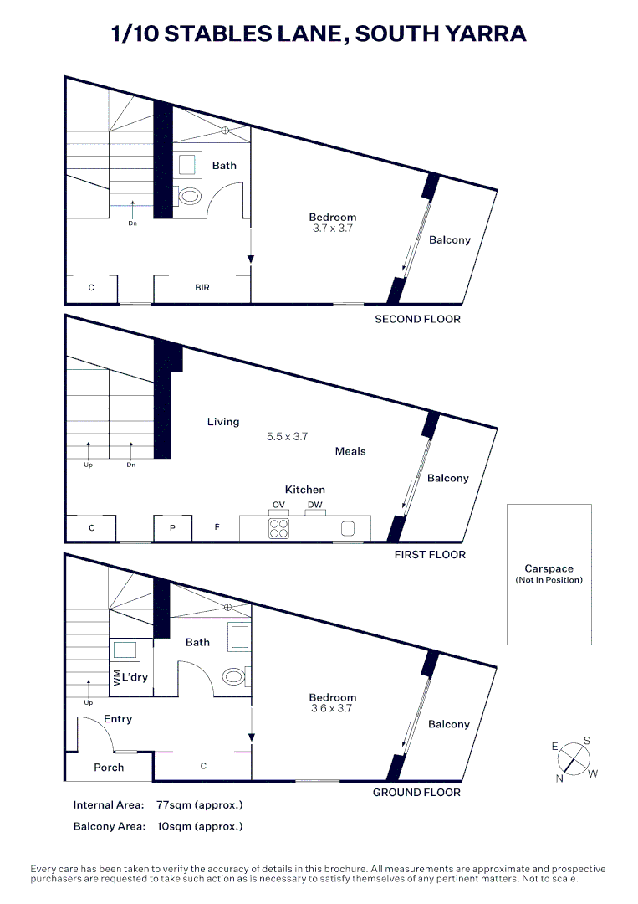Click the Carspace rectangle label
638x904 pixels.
(549, 569)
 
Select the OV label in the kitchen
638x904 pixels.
(278, 505)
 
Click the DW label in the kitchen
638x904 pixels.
(314, 505)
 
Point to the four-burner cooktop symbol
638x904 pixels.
(278, 528)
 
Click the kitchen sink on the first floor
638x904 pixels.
(348, 528)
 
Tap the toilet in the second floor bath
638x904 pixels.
(190, 197)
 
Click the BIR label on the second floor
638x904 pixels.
(202, 288)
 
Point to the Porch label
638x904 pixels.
(109, 768)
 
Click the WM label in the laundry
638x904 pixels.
(116, 677)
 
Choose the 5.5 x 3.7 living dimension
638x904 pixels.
(288, 437)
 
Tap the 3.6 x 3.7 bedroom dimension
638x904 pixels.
(332, 708)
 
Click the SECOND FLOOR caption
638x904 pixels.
(417, 319)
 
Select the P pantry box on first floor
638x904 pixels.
(172, 528)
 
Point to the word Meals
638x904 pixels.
(350, 451)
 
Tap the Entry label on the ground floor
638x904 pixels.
(118, 719)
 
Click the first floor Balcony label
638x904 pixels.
(447, 478)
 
